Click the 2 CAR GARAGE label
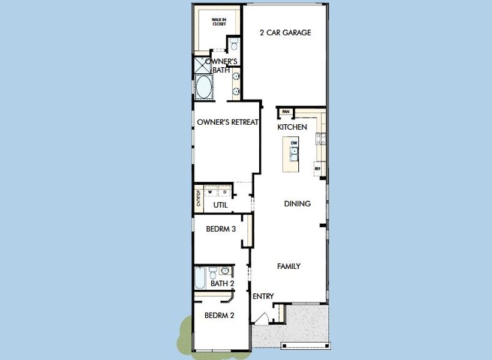(285, 32)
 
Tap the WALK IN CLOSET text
(219, 22)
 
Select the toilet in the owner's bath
(234, 45)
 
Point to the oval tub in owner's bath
(204, 86)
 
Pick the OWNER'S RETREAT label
(227, 122)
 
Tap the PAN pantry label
(286, 112)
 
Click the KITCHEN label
(292, 127)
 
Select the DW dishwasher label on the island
(294, 143)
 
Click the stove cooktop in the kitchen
(321, 139)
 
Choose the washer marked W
(210, 193)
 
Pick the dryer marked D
(224, 193)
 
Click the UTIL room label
(220, 205)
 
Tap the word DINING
(297, 204)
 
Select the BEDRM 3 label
(220, 229)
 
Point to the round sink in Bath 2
(225, 271)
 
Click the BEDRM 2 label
(219, 316)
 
